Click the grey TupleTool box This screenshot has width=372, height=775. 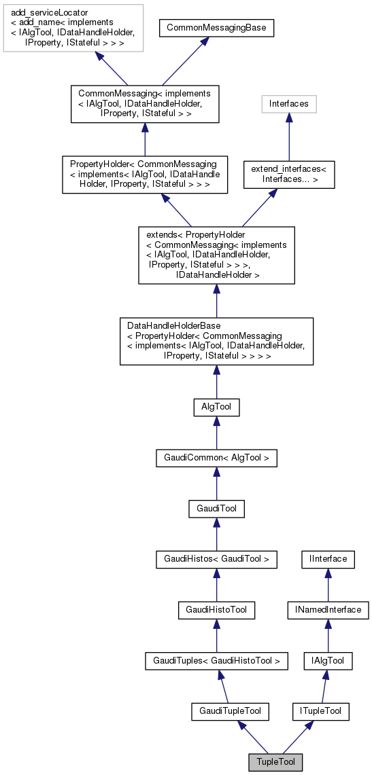point(275,762)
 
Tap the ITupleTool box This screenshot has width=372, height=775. point(321,711)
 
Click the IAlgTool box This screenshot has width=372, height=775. point(328,660)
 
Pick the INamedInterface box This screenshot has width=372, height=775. point(328,609)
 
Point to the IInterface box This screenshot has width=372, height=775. point(328,558)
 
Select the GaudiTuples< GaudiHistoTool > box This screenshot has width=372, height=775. point(216,660)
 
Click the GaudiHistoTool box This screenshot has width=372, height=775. point(216,609)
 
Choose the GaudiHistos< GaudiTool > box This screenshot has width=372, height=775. point(216,558)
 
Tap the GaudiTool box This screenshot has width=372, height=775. point(216,508)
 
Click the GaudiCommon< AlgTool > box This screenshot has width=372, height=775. point(216,458)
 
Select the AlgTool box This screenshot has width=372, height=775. point(216,407)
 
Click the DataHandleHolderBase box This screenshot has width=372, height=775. point(216,341)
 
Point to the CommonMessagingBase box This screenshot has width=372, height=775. point(216,29)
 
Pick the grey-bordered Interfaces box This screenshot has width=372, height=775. point(289,104)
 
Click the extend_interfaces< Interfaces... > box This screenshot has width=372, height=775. point(289,175)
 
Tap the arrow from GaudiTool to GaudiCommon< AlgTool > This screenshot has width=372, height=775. point(216,483)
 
